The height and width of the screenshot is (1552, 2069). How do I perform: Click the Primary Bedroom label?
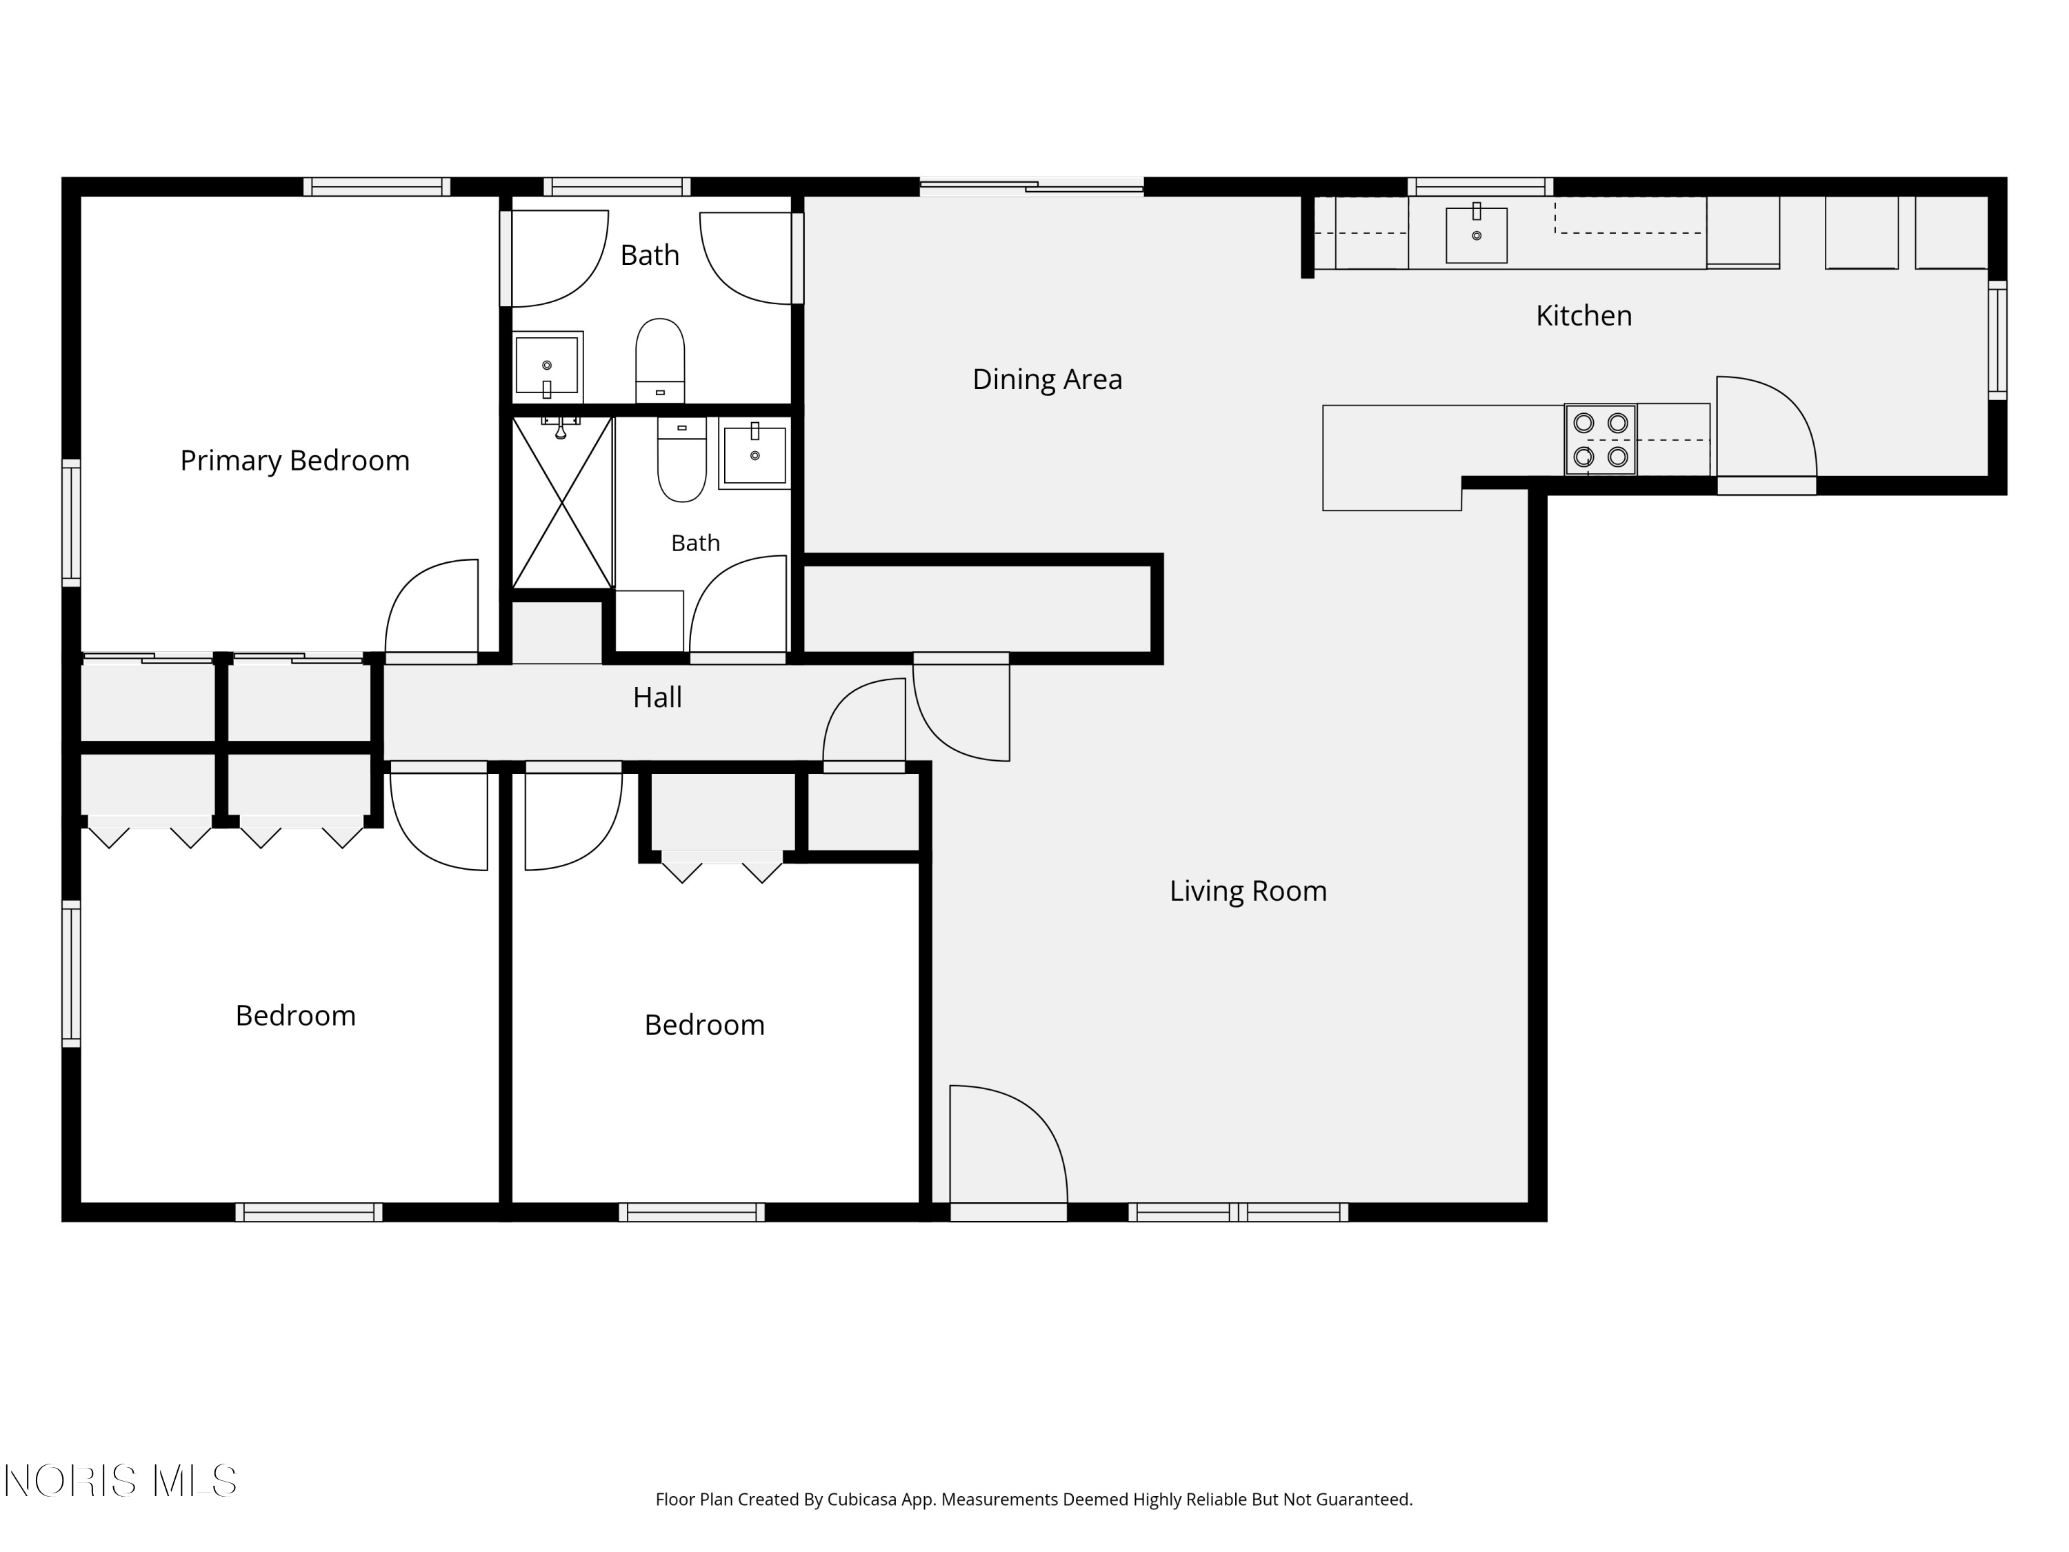[294, 460]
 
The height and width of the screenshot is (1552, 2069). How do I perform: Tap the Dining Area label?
[1047, 379]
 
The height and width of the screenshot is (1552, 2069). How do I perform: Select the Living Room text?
[1248, 891]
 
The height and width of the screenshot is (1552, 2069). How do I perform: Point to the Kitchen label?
[1583, 315]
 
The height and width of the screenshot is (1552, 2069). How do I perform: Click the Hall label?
[657, 697]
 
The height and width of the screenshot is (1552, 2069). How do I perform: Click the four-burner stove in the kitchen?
[1601, 439]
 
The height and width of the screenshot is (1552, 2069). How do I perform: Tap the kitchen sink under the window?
[1476, 234]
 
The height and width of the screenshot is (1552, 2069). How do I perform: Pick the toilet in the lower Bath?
[682, 459]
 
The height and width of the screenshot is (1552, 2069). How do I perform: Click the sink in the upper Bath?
[547, 365]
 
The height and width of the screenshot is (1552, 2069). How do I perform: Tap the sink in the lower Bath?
[754, 455]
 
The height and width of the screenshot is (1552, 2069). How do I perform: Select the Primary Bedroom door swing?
[432, 606]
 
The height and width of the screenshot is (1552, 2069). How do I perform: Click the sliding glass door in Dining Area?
[1032, 186]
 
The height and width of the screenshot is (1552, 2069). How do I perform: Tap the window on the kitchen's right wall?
[1997, 339]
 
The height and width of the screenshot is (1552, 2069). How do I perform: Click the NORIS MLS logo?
[121, 1481]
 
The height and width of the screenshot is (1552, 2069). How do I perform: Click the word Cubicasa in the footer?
[862, 1499]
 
